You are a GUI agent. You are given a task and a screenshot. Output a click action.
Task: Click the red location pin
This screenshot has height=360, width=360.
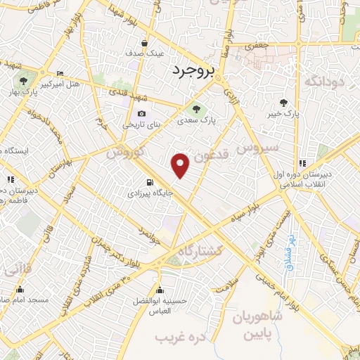(x=181, y=165)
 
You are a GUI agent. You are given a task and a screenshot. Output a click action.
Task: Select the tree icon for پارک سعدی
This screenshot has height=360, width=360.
(x=196, y=108)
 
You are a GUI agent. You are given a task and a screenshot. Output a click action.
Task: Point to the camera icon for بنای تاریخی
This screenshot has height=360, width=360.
(x=142, y=114)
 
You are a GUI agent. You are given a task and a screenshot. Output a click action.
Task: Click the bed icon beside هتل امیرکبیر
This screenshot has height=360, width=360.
(x=60, y=74)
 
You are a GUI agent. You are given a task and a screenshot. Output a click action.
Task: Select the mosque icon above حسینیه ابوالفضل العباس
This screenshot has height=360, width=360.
(x=160, y=290)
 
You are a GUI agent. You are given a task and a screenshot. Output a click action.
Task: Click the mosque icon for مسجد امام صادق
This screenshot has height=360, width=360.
(x=20, y=290)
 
